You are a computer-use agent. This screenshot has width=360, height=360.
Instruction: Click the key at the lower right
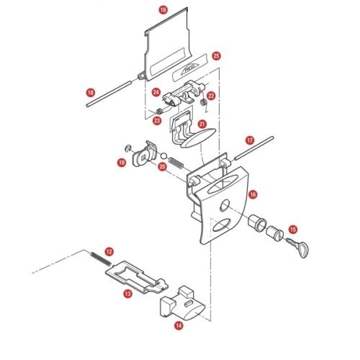(297, 247)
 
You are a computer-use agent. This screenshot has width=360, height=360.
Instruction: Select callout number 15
(293, 230)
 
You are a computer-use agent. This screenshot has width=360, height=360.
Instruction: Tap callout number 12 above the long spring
(109, 251)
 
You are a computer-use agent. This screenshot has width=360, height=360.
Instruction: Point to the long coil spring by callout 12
(101, 258)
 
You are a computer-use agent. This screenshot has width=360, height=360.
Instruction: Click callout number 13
(127, 293)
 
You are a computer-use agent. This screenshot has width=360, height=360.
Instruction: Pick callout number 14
(179, 325)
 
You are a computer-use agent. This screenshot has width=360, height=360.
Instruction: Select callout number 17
(250, 140)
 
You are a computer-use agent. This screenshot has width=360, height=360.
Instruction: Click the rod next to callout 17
(254, 148)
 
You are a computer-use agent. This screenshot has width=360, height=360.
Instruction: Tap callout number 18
(91, 93)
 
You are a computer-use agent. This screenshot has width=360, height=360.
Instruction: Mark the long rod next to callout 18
(109, 94)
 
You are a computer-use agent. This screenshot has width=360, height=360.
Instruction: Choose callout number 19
(122, 163)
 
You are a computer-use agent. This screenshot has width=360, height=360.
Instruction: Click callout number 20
(162, 166)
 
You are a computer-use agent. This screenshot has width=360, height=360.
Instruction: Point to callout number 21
(202, 124)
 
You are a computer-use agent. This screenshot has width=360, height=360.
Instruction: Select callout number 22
(211, 96)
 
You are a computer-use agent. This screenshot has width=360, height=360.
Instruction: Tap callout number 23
(157, 120)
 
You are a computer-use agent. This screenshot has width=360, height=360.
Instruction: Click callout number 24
(156, 92)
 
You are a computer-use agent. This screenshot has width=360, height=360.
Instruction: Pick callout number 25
(216, 55)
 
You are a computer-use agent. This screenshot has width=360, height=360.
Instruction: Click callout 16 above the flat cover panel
(163, 10)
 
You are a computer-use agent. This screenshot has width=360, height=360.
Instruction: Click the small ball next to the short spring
(163, 156)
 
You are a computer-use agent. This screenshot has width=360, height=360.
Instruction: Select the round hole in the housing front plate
(225, 206)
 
